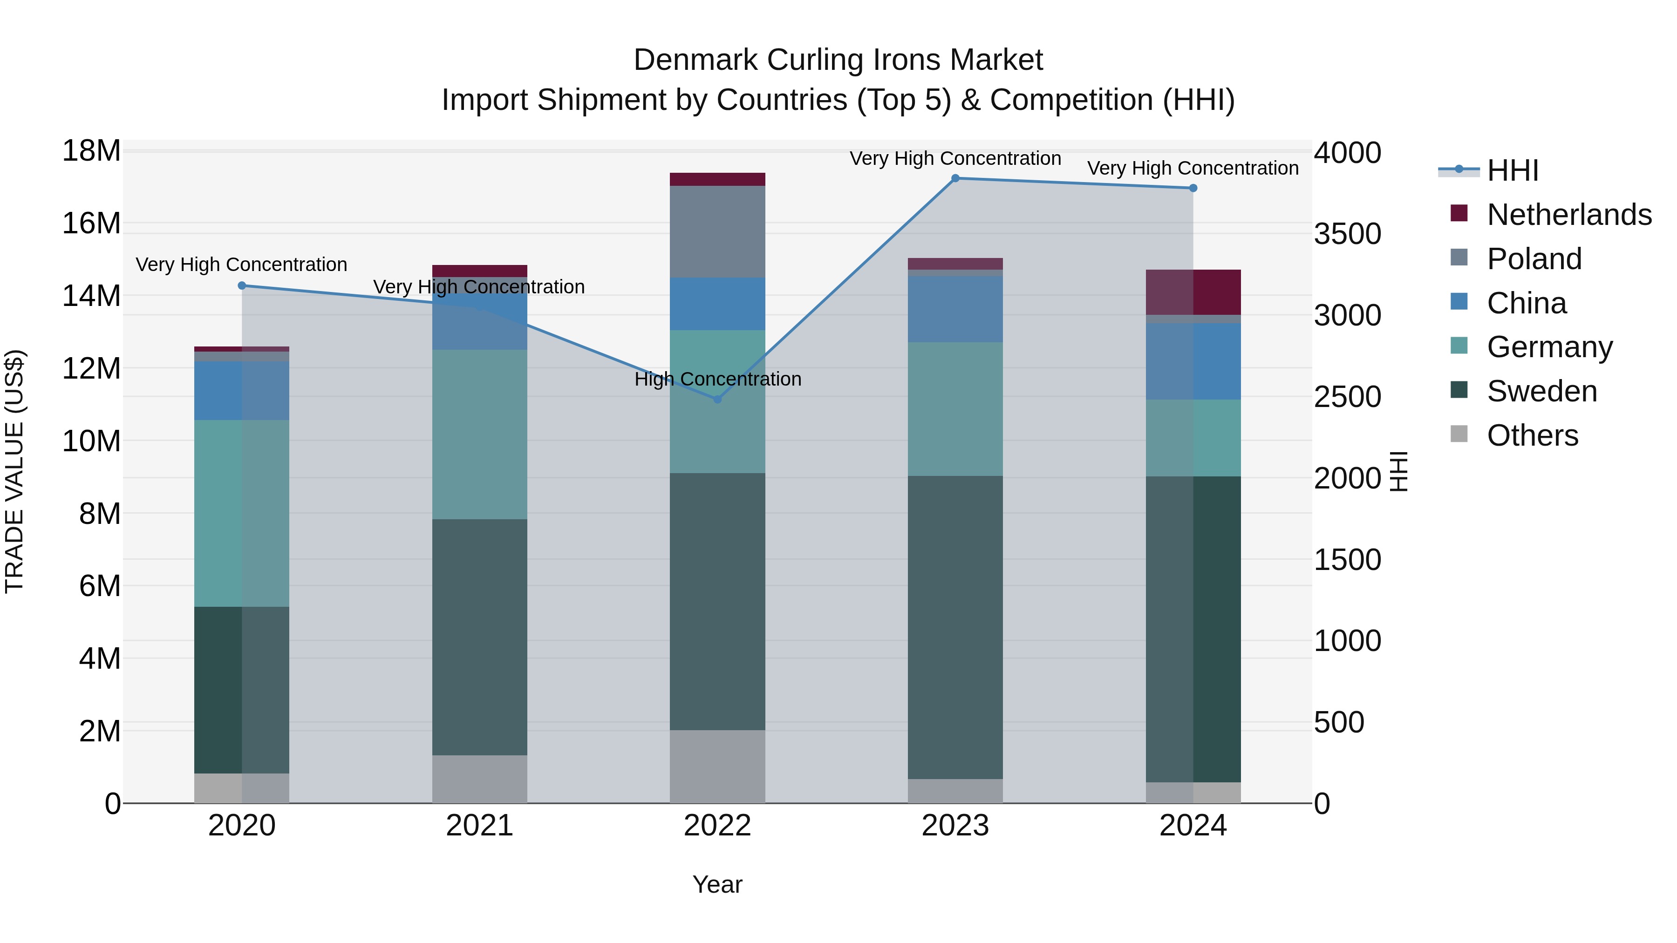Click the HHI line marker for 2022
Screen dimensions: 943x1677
[717, 400]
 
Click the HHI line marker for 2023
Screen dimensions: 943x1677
[955, 178]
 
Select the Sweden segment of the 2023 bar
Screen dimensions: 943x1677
[955, 627]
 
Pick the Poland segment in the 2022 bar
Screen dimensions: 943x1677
[717, 232]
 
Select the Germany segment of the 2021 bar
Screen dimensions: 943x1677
[479, 434]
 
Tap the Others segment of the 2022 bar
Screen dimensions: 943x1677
[717, 766]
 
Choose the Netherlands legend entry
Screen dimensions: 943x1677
[1569, 215]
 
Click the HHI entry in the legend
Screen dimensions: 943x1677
[1512, 170]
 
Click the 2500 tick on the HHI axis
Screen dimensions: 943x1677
[1347, 397]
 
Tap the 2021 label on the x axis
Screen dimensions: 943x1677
[479, 826]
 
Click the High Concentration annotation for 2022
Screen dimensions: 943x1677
[717, 379]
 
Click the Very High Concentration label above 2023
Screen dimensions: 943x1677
[955, 158]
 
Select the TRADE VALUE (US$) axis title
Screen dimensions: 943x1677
[14, 471]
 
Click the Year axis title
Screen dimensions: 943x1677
[717, 884]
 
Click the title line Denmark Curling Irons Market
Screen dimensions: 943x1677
[838, 60]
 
